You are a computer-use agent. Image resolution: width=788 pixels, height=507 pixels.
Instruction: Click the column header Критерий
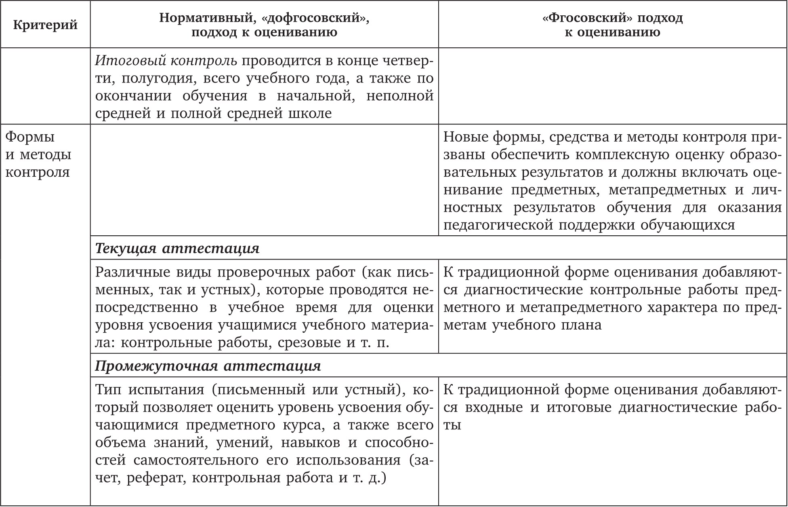click(45, 25)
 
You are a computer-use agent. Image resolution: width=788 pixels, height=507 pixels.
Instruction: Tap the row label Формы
click(30, 137)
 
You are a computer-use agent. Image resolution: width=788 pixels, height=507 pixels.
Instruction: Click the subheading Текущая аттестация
click(177, 248)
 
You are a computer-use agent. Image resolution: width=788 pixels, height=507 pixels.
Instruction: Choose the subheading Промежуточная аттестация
click(208, 366)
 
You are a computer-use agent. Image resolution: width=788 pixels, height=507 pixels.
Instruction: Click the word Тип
click(108, 390)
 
